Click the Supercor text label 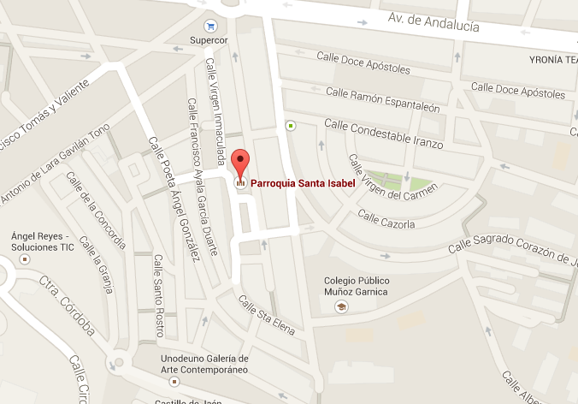coord(210,40)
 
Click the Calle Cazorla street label coord(386,223)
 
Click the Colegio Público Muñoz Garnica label coord(356,286)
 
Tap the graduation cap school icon coord(341,306)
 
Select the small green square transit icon coord(291,126)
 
